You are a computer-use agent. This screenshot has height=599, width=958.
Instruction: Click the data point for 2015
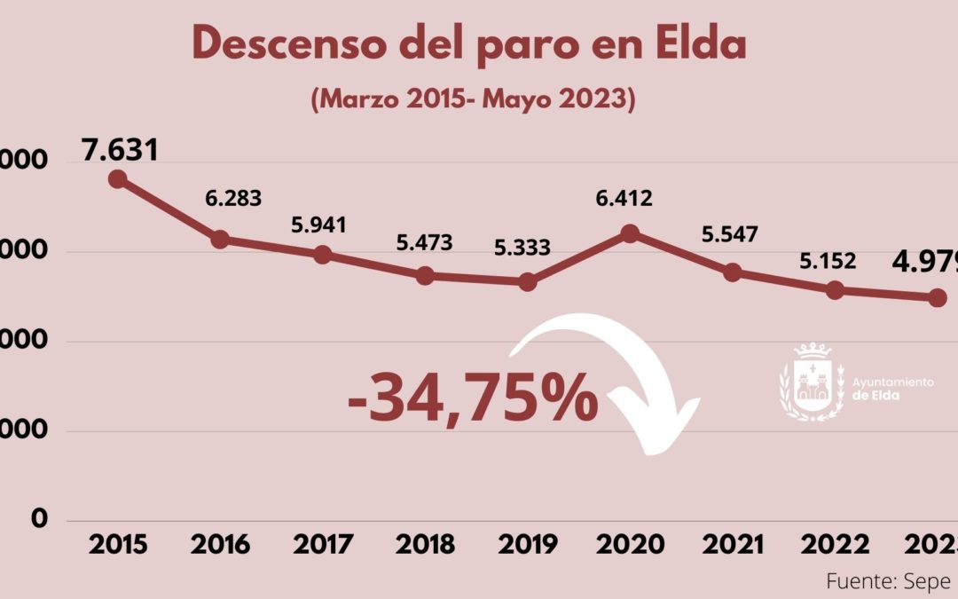point(117,178)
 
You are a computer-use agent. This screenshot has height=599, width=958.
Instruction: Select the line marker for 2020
point(630,233)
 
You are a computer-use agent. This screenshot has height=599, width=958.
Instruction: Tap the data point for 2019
point(528,282)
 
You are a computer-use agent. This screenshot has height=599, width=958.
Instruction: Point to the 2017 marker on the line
point(323,255)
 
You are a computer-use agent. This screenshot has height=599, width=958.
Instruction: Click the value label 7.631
point(120,149)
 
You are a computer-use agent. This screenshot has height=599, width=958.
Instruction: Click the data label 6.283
point(232,198)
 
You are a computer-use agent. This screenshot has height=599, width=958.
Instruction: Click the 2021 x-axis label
point(733,544)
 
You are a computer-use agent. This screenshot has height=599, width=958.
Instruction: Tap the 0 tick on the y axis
point(39,518)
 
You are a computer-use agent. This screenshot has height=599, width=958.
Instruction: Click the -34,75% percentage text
point(473,398)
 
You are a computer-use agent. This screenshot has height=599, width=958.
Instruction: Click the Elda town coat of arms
point(809,382)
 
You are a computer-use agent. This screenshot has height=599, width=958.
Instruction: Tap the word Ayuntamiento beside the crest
point(892,382)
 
